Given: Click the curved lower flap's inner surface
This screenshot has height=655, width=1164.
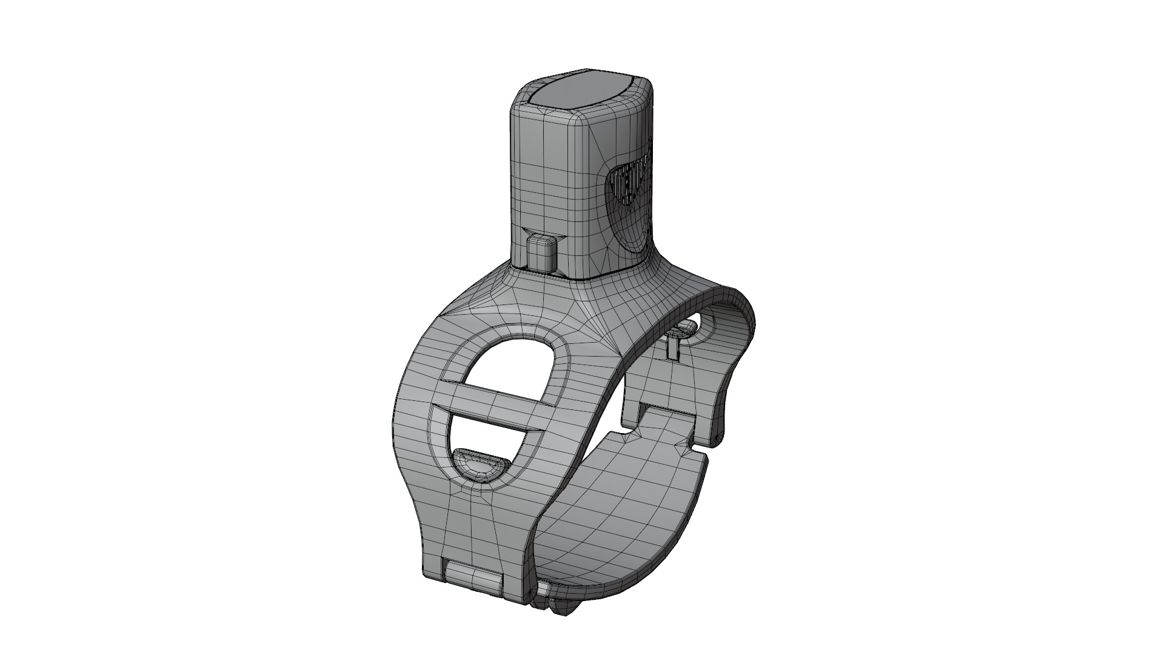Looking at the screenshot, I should pyautogui.click(x=624, y=516).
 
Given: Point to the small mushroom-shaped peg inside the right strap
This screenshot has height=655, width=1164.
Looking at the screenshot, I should pyautogui.click(x=683, y=331).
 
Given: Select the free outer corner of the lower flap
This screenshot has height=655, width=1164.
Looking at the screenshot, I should pyautogui.click(x=703, y=461).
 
